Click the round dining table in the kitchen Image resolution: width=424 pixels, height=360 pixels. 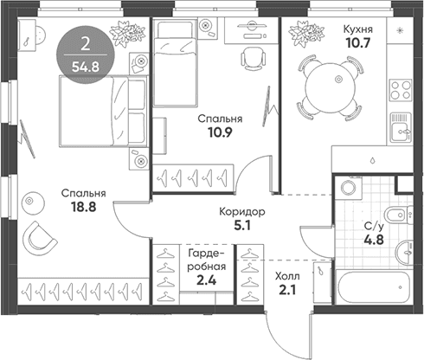(330, 88)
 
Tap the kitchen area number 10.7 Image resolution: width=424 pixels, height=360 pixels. (357, 43)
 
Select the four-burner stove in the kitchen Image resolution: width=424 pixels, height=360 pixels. (401, 90)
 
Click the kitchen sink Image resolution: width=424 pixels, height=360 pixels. (401, 127)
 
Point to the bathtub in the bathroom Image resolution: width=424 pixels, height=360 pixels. (373, 286)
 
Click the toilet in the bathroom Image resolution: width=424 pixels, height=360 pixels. (399, 215)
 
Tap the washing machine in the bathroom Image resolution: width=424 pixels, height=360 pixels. (349, 188)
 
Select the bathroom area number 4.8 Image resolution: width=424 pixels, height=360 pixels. (375, 240)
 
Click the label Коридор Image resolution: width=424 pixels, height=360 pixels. (242, 212)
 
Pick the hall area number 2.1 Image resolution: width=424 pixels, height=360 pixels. (287, 289)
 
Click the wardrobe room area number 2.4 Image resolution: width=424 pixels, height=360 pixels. (206, 280)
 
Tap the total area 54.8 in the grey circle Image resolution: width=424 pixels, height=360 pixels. (86, 67)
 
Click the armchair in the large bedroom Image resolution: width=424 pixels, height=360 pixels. (39, 238)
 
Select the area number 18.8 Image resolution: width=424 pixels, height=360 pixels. (84, 207)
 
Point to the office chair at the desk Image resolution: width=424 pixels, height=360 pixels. (253, 58)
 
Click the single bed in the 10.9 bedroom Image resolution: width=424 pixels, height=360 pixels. (175, 63)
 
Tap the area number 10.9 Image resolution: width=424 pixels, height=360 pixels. (220, 132)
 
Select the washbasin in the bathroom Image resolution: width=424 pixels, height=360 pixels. (404, 251)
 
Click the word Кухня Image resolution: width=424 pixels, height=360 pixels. (357, 29)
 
